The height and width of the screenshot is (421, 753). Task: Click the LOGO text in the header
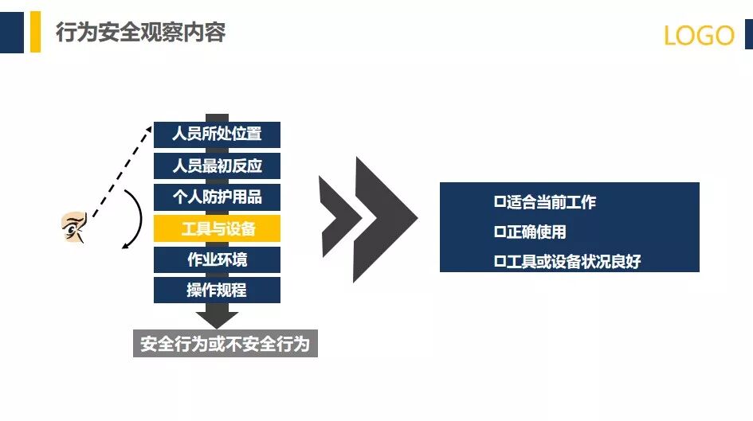[x=699, y=36]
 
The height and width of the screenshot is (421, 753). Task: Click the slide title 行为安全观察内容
[x=140, y=33]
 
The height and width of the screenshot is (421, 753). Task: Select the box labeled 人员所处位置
[x=217, y=134]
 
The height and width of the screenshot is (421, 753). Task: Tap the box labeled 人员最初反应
[x=217, y=166]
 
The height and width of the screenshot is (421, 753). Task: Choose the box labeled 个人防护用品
[x=217, y=197]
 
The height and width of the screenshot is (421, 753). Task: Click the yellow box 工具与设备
[x=217, y=228]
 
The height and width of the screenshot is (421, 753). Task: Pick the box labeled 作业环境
[x=217, y=259]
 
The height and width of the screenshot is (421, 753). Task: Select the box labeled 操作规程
[x=217, y=290]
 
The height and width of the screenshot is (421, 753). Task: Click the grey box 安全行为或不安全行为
[x=225, y=344]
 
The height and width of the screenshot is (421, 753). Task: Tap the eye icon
[x=73, y=228]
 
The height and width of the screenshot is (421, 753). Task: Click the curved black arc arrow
[x=138, y=218]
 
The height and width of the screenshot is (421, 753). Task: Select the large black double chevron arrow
[x=368, y=219]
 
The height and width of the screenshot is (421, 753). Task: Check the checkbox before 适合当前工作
[x=500, y=202]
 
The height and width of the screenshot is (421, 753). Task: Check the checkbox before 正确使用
[x=500, y=232]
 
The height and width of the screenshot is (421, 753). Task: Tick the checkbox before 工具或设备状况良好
[x=500, y=262]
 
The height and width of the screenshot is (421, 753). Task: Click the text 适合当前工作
[x=551, y=202]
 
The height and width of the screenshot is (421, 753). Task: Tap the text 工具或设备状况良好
[x=573, y=262]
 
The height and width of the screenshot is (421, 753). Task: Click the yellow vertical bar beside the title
[x=35, y=32]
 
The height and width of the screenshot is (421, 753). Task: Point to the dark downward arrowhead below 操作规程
[x=217, y=318]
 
